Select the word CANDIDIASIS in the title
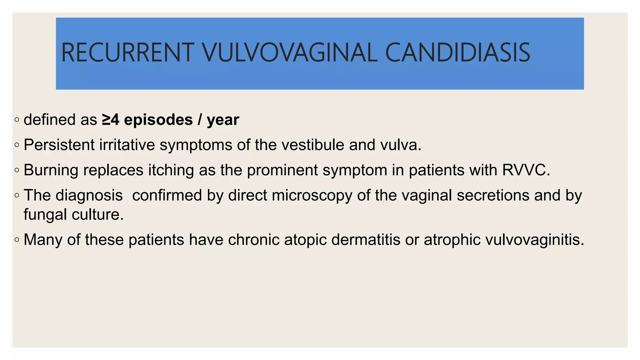[457, 52]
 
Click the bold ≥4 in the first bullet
[111, 120]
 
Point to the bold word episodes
[158, 120]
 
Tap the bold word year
[223, 120]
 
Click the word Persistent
[59, 145]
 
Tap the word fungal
[45, 215]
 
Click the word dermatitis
[366, 240]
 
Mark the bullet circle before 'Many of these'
[17, 240]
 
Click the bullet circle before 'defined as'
[17, 120]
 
